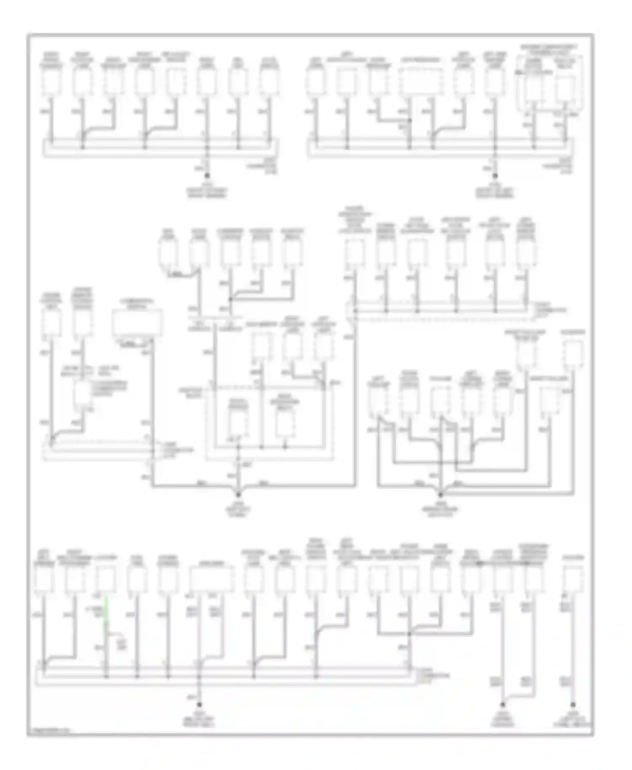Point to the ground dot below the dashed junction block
[238, 494]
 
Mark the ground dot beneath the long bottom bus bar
[199, 704]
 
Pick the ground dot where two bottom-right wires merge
[503, 704]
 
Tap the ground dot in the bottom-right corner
[573, 704]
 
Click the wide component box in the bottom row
[211, 579]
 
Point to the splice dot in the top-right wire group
[410, 120]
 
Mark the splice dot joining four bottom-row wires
[410, 634]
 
